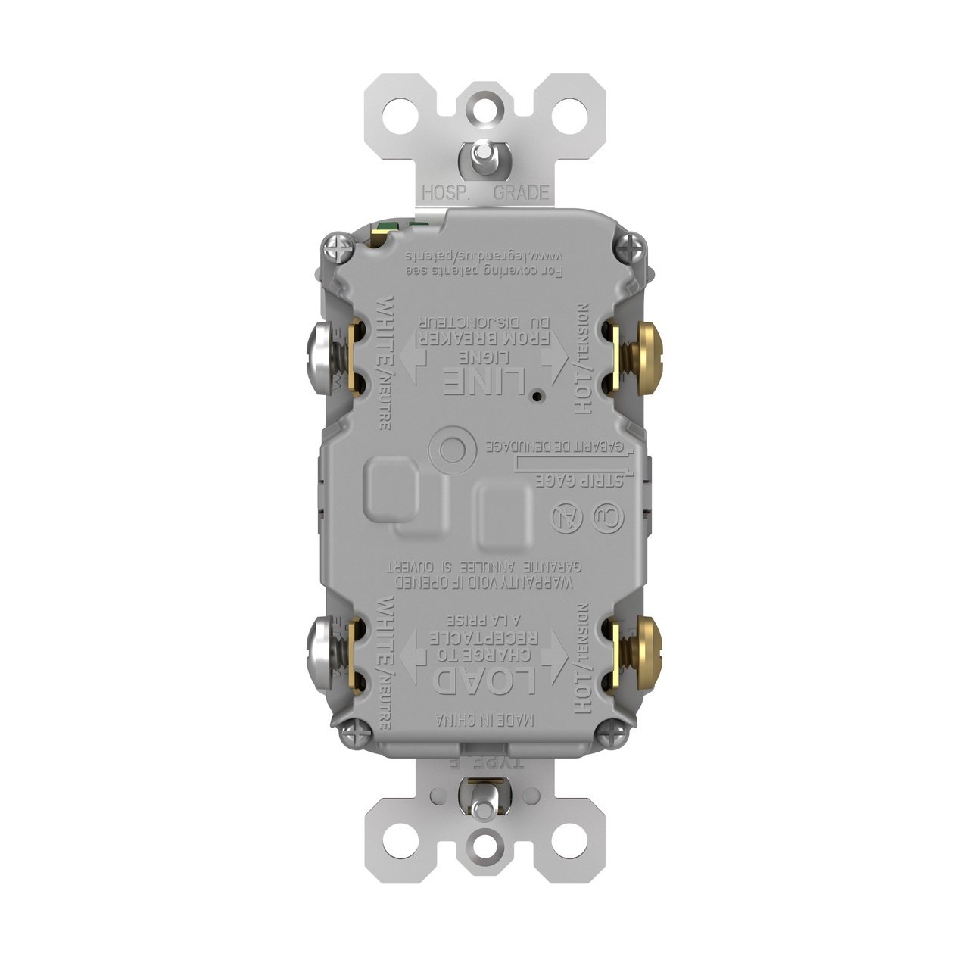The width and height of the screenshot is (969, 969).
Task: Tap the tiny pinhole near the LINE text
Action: (x=535, y=396)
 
